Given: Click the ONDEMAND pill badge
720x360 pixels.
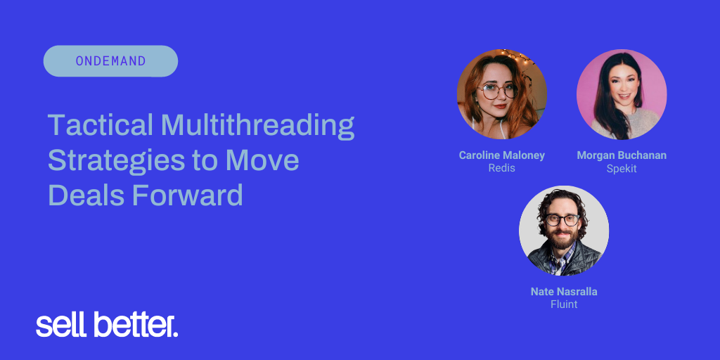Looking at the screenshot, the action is click(x=110, y=61).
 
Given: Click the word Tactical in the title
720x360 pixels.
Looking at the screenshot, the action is click(x=101, y=124).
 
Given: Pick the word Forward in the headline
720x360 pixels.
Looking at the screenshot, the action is click(x=187, y=195).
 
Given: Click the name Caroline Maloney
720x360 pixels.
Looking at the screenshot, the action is click(x=502, y=155).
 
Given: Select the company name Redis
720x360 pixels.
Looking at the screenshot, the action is click(x=502, y=168).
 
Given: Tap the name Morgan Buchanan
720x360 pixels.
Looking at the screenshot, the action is click(x=622, y=155).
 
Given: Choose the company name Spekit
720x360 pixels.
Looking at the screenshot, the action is click(x=622, y=169).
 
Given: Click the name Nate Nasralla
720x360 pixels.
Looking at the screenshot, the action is click(x=564, y=292).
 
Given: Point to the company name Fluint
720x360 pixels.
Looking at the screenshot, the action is click(x=564, y=304).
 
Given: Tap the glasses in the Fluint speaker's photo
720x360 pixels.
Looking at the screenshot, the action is click(x=562, y=220).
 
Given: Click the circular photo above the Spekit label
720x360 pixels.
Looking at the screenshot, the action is click(x=622, y=94).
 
